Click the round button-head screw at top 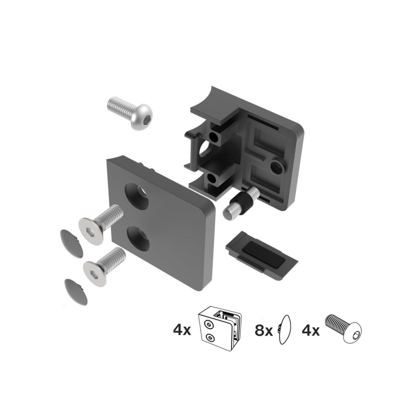pyautogui.click(x=130, y=113)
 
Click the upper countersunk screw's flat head pyautogui.click(x=92, y=230)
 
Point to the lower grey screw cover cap pyautogui.click(x=76, y=292)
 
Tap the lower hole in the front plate pyautogui.click(x=139, y=238)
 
